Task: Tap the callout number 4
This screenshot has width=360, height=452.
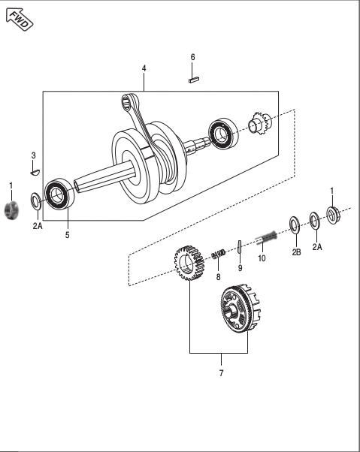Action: pos(144,68)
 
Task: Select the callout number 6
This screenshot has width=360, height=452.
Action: pos(192,57)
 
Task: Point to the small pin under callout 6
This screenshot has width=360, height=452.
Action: pos(193,75)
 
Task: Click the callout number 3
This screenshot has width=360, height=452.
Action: pos(33,155)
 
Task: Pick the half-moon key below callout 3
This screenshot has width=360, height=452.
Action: pos(32,171)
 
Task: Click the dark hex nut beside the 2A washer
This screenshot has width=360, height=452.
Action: pos(11,211)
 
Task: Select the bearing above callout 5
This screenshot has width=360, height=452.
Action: pos(58,194)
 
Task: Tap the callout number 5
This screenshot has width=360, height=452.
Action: pos(67,235)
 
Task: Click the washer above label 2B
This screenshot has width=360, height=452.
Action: pos(295,224)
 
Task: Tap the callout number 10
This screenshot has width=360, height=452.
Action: pos(262,258)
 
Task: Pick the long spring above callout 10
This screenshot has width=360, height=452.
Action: pos(267,240)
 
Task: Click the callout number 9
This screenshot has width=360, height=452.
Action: pos(240,267)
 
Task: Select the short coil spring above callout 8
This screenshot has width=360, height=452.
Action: pos(218,255)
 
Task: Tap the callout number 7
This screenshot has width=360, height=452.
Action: pos(221,372)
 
